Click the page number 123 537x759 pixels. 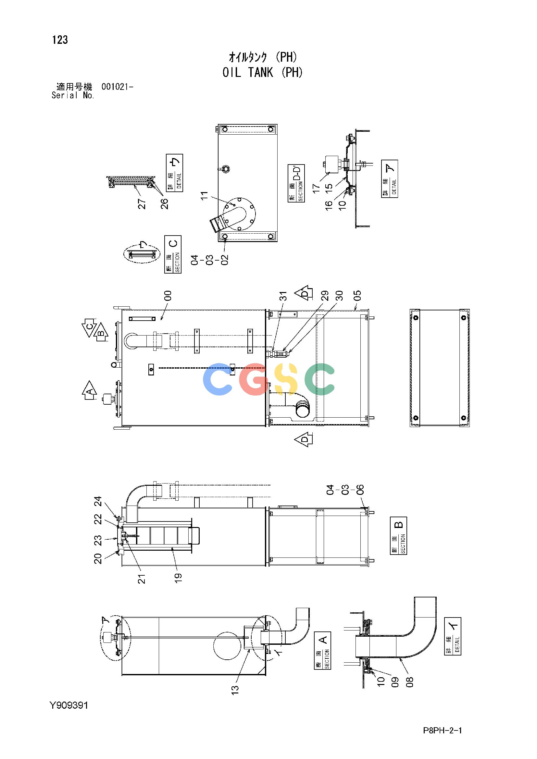point(60,40)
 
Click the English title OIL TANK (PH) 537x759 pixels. point(263,72)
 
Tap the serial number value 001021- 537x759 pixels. point(118,87)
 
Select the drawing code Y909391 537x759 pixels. point(69,705)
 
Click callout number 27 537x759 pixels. point(142,204)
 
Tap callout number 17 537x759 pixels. point(317,189)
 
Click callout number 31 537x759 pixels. point(283,296)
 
